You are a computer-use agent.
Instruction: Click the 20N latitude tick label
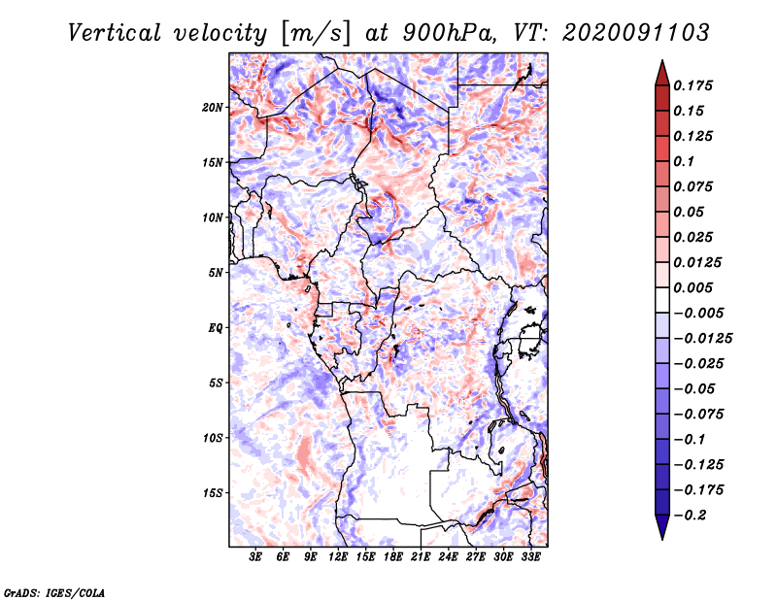coord(213,108)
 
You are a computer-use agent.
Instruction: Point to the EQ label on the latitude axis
coord(216,328)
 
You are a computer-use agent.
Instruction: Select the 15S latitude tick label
coord(213,493)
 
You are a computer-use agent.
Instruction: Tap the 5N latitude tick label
coord(216,273)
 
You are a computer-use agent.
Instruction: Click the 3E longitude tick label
coord(255,557)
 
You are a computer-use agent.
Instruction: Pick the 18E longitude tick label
coord(393,557)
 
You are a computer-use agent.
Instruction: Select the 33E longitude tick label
coord(530,557)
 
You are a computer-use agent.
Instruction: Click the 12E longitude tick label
coord(338,557)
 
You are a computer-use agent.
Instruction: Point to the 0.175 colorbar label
coord(693,85)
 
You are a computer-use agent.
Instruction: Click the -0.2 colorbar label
coord(690,516)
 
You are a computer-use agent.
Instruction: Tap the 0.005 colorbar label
coord(693,287)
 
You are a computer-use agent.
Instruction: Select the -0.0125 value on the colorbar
coord(702,339)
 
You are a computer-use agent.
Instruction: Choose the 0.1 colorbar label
coord(684,161)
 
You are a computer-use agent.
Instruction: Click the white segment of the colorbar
coord(662,300)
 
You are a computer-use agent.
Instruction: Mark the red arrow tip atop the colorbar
coord(662,61)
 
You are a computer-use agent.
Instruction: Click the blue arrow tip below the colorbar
coord(662,539)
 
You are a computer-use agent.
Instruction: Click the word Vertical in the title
coord(114,33)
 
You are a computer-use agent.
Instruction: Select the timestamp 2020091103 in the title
coord(636,33)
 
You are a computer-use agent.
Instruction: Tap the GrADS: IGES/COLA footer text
coord(54,593)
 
